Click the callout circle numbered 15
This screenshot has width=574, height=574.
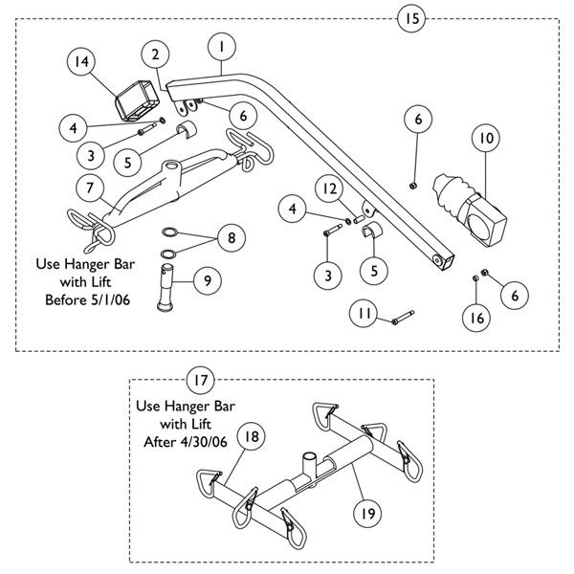coord(412,18)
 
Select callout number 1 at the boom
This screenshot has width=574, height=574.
coord(221,45)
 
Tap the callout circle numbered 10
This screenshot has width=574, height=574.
coord(487,139)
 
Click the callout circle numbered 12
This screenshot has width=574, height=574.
coord(330,191)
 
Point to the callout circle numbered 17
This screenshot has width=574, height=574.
coord(199,381)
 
